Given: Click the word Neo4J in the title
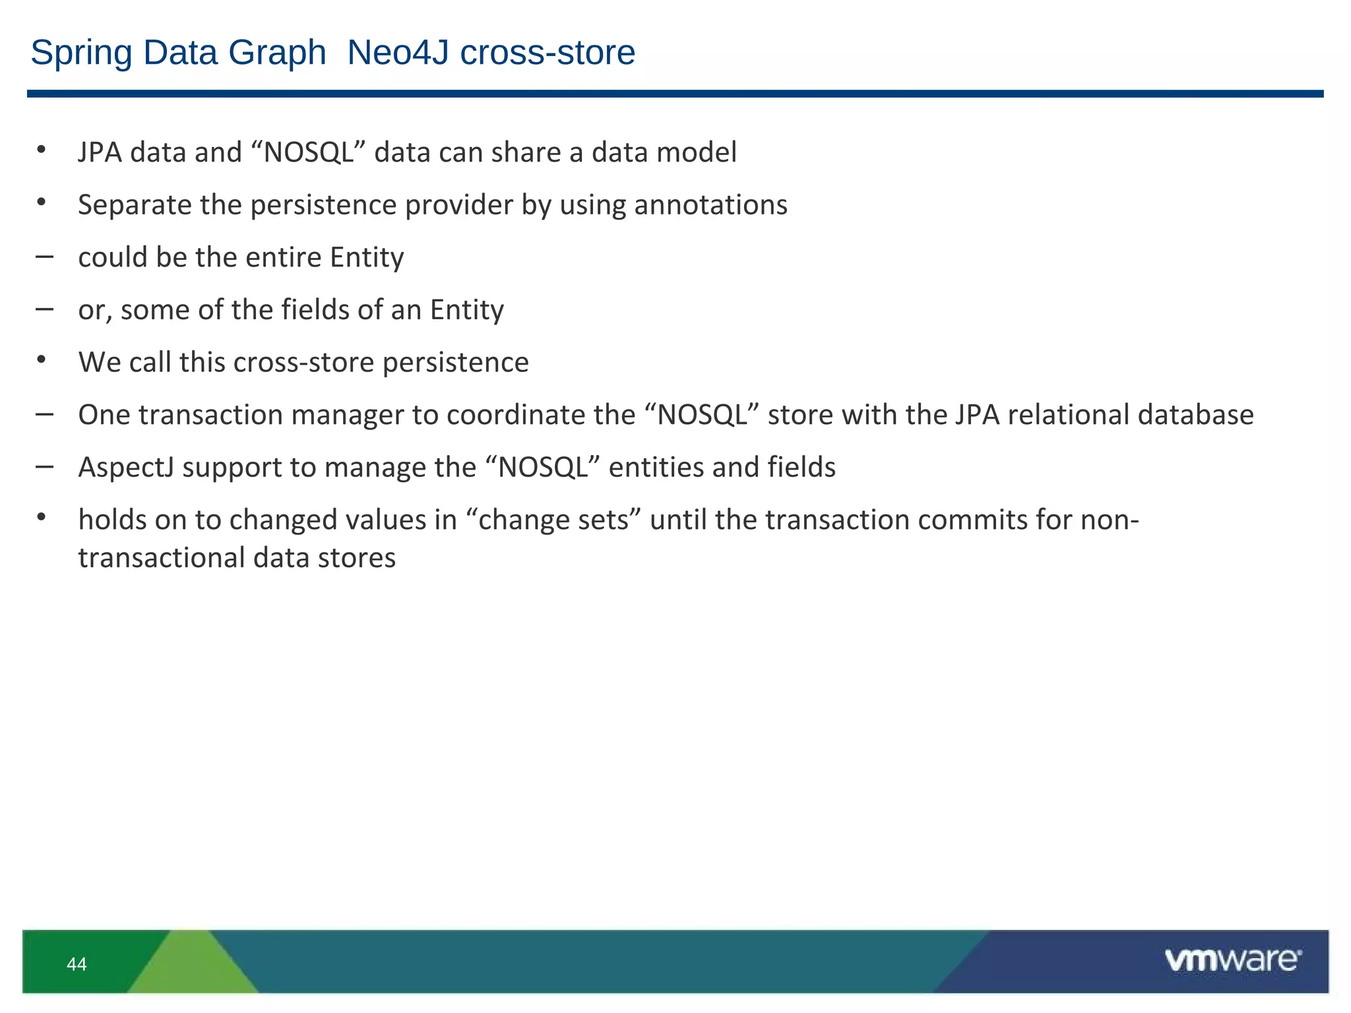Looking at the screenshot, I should [400, 53].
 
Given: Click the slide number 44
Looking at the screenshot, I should [77, 964].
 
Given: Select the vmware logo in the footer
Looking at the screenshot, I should [1232, 960].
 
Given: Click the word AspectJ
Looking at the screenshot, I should [125, 468].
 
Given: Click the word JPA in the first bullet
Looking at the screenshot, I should [100, 153].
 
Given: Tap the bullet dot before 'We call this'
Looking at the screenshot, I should [42, 360].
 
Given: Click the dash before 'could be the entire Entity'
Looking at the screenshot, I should [45, 257].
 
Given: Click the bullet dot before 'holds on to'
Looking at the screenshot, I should [42, 518].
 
